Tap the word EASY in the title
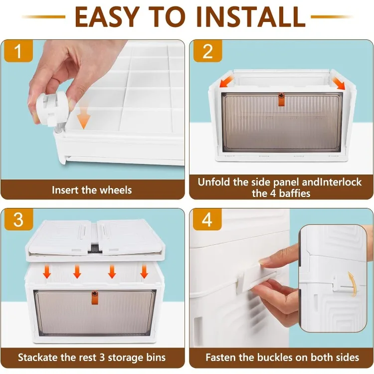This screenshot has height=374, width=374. coord(107,16)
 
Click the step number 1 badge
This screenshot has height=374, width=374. coord(18,51)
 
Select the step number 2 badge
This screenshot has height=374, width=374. coord(207,51)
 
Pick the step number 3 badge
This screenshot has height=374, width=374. coord(18,219)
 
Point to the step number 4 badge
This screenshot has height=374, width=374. coord(207,219)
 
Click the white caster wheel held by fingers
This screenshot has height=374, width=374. coord(50,109)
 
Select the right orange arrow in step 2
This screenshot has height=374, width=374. coord(338,82)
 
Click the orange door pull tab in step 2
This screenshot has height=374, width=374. coord(281,99)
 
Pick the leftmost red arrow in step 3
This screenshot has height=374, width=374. coord(47,272)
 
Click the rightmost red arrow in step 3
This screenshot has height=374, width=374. coord(144,272)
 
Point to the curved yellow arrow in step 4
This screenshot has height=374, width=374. coord(353,284)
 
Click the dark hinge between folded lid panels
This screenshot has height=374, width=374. coord(94,248)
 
